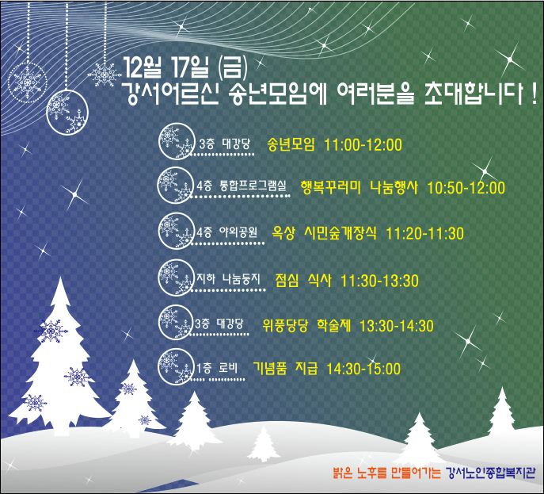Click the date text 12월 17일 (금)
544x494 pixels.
tap(185, 67)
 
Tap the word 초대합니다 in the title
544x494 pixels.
tap(474, 94)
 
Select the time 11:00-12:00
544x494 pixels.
tap(363, 144)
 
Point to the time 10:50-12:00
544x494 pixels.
tap(466, 188)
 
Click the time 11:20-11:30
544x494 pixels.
tap(424, 233)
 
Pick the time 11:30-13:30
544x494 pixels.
tap(379, 281)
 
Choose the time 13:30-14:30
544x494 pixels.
tap(396, 326)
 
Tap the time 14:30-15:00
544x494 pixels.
tap(363, 369)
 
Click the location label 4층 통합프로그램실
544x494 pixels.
tap(242, 186)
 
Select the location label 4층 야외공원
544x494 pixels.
tap(226, 232)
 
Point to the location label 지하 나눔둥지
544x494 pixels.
tap(228, 278)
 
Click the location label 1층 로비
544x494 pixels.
tap(217, 368)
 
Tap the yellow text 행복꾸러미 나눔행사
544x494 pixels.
tap(359, 188)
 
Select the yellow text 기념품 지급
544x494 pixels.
tap(285, 369)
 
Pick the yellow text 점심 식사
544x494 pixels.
tap(302, 281)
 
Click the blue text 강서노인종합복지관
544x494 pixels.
tap(490, 473)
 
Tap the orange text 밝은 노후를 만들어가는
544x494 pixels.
tap(386, 473)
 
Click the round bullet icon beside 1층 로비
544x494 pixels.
tap(176, 367)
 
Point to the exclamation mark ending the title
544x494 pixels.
tap(534, 94)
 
